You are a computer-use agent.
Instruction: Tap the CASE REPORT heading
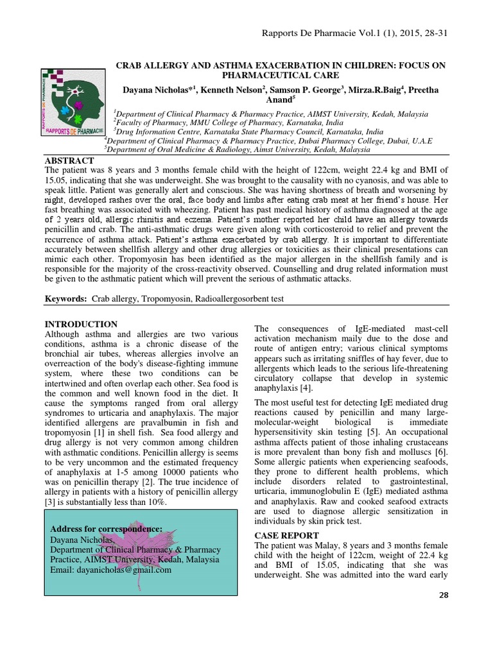[286, 534]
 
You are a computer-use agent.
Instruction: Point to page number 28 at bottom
[443, 596]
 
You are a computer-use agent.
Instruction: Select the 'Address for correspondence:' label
[106, 529]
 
